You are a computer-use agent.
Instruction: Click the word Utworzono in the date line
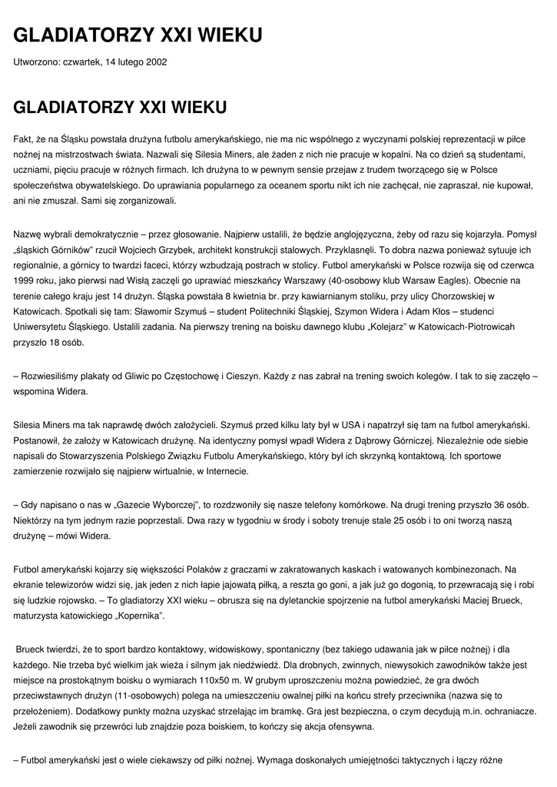pos(36,61)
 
